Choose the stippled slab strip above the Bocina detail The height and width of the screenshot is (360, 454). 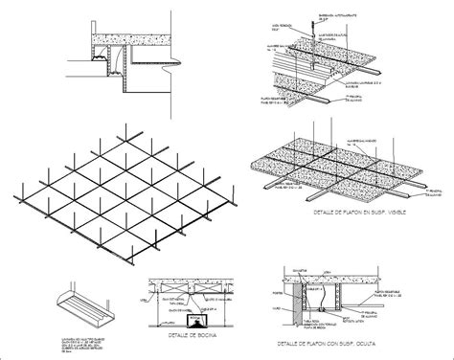[x=192, y=284]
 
